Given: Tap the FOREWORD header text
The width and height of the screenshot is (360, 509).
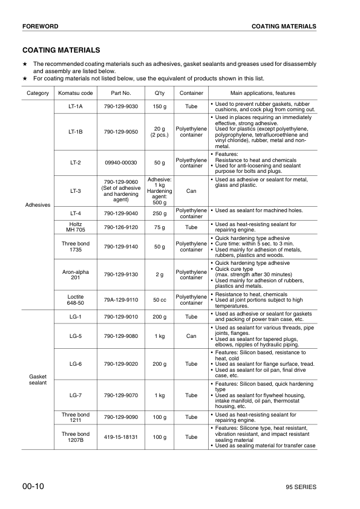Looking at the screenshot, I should (40, 27).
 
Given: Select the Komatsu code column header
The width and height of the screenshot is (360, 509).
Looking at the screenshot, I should (76, 93).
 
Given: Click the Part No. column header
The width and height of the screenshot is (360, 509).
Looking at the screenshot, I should (121, 93).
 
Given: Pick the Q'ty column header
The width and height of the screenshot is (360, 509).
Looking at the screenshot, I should (159, 93).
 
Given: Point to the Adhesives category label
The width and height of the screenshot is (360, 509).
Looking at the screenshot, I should (38, 205).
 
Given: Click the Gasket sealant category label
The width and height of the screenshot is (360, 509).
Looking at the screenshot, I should (38, 379).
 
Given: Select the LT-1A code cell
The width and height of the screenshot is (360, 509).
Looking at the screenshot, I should (76, 106).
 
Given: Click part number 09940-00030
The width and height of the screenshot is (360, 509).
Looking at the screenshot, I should (121, 162).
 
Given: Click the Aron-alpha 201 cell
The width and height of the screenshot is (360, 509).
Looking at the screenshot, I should (76, 275).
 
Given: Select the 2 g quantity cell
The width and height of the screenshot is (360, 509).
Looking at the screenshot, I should (159, 275).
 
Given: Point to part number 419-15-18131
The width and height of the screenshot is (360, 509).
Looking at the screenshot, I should (121, 437).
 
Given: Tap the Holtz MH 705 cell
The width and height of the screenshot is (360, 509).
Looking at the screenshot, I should (76, 227).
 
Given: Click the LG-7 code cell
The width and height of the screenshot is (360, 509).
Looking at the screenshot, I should (76, 395).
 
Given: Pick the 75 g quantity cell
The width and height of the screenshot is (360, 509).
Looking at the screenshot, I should (159, 227).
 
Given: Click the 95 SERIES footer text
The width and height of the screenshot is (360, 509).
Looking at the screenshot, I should (301, 487).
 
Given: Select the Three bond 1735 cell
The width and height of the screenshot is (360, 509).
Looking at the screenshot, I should (76, 247).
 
